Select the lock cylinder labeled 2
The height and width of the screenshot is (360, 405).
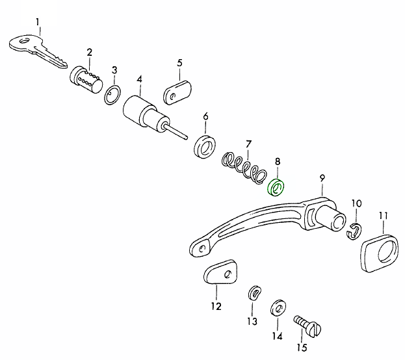coord(86,80)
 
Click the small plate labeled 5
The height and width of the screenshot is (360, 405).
coord(177,92)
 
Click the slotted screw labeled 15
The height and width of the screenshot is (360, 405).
coord(307,326)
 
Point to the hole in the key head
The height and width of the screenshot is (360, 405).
coord(24,41)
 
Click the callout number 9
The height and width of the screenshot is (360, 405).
coord(322,178)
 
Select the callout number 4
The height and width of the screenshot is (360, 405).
coord(140,79)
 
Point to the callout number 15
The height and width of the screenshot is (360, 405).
coord(302,348)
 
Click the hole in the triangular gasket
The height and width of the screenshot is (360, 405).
coord(228,275)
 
